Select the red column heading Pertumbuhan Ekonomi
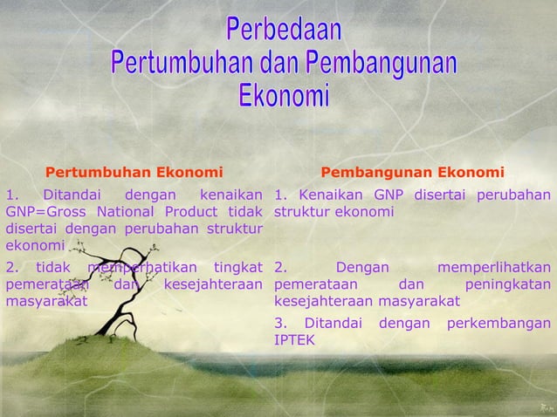pyautogui.click(x=134, y=171)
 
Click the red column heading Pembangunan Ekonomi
pyautogui.click(x=412, y=171)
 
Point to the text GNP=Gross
pyautogui.click(x=41, y=211)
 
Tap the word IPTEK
pyautogui.click(x=294, y=340)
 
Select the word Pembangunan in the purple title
pyautogui.click(x=379, y=63)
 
